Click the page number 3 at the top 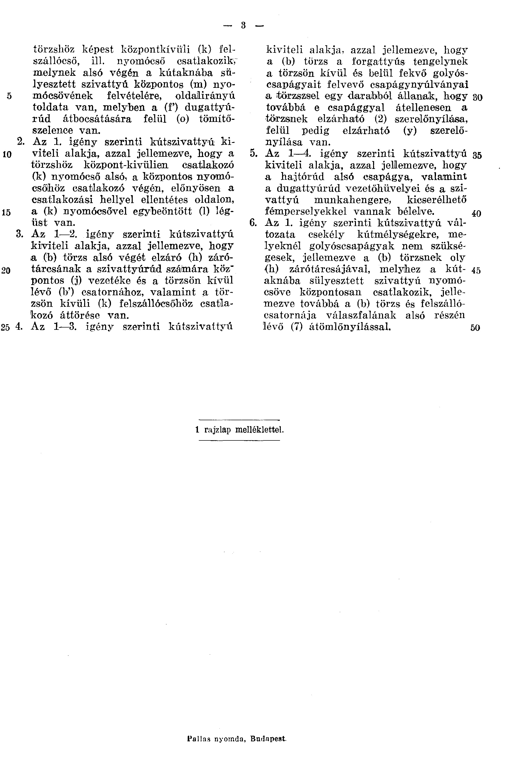[243, 25]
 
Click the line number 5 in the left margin [9, 96]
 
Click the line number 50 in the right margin [475, 328]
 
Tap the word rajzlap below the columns [217, 430]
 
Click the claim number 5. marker [253, 153]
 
